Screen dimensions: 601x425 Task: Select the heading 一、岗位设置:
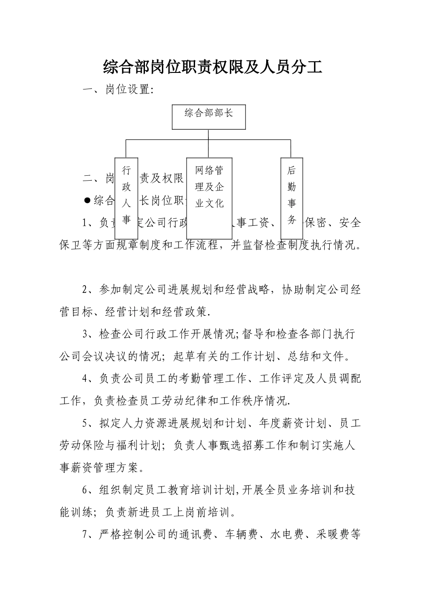pos(119,90)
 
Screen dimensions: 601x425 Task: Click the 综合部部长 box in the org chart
pos(209,117)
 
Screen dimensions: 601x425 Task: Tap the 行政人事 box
pos(126,198)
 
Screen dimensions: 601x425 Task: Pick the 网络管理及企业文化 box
pos(209,198)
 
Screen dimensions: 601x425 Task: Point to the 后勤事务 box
pos(292,198)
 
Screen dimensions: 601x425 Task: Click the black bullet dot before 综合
pos(88,200)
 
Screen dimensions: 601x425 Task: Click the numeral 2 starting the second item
pos(85,289)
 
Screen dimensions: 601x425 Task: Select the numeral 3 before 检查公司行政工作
pos(85,334)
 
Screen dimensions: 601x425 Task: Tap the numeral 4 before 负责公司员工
pos(85,379)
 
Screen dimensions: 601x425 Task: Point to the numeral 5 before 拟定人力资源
pos(85,423)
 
